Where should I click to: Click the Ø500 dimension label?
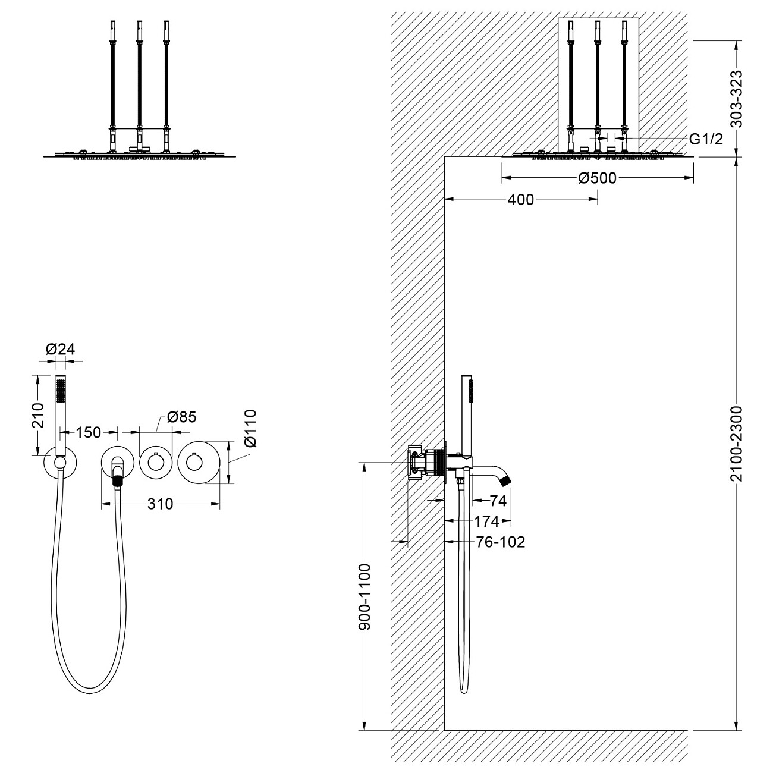597,178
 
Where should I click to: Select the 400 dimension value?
521,200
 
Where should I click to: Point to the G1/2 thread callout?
706,139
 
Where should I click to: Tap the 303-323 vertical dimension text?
737,99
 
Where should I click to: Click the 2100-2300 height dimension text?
737,444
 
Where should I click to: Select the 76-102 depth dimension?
501,542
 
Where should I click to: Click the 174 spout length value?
486,521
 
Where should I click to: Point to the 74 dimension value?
498,501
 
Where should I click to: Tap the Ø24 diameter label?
61,350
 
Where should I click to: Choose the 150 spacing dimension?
88,432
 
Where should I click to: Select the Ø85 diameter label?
181,417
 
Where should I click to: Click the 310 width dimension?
161,504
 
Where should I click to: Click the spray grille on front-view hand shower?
59,392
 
